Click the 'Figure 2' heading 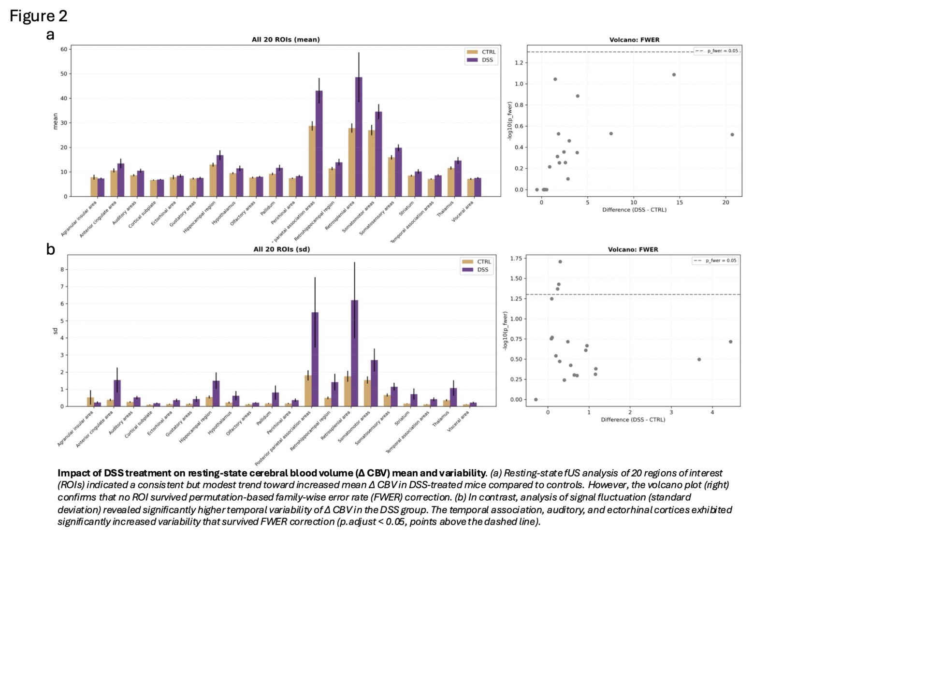(38, 16)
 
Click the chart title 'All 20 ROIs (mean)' (286, 40)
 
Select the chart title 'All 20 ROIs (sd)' (282, 249)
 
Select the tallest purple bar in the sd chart (355, 353)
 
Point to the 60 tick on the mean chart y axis (64, 49)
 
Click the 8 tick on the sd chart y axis (62, 270)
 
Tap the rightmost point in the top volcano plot (732, 135)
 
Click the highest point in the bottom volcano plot (560, 262)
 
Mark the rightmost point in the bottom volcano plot (730, 342)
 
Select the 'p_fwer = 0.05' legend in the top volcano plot (717, 51)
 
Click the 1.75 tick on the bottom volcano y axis (516, 259)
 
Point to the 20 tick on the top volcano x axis (725, 203)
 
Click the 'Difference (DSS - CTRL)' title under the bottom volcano (633, 420)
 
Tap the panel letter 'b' (50, 249)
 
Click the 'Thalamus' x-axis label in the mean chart (445, 209)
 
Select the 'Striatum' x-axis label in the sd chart (402, 418)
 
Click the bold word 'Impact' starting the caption (72, 473)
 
